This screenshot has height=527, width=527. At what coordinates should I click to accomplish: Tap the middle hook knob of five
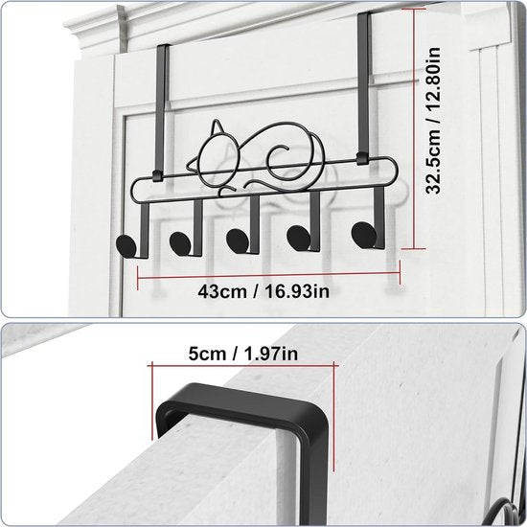[236, 235]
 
